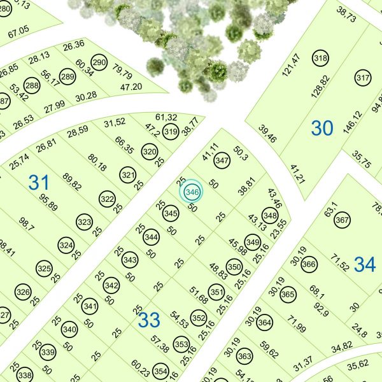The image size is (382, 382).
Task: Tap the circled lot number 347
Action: tap(222, 161)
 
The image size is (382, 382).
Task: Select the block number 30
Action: tap(322, 129)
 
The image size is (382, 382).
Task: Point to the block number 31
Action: tap(39, 183)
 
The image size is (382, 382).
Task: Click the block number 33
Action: tap(149, 320)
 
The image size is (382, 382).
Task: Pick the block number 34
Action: tap(365, 264)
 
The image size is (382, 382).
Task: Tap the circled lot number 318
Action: tap(321, 59)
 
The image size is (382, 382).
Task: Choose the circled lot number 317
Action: tap(363, 79)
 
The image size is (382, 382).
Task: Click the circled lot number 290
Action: tap(99, 63)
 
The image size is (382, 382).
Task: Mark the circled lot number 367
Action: tap(342, 221)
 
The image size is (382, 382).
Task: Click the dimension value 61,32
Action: tap(166, 117)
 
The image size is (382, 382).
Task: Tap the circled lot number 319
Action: tap(170, 132)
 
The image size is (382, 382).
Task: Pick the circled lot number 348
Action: tap(270, 216)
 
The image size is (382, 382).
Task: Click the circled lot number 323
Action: tap(84, 222)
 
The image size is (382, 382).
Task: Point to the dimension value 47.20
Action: tap(131, 87)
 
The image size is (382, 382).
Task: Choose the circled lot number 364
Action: tap(264, 322)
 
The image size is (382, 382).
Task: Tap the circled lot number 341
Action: tap(90, 307)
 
